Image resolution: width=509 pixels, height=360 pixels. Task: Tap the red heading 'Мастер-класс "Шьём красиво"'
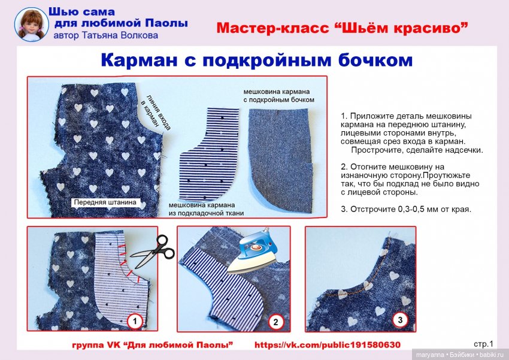pos(341,28)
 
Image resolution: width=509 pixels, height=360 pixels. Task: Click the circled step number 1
pos(135,322)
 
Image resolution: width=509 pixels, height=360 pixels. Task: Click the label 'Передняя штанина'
pos(105,202)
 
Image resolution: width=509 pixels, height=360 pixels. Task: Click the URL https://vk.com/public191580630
pos(327,345)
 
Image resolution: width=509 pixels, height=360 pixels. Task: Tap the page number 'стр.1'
pos(483,344)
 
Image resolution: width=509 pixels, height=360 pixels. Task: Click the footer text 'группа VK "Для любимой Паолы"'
pos(152,345)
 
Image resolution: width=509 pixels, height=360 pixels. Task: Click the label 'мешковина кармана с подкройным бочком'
pos(278,95)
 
